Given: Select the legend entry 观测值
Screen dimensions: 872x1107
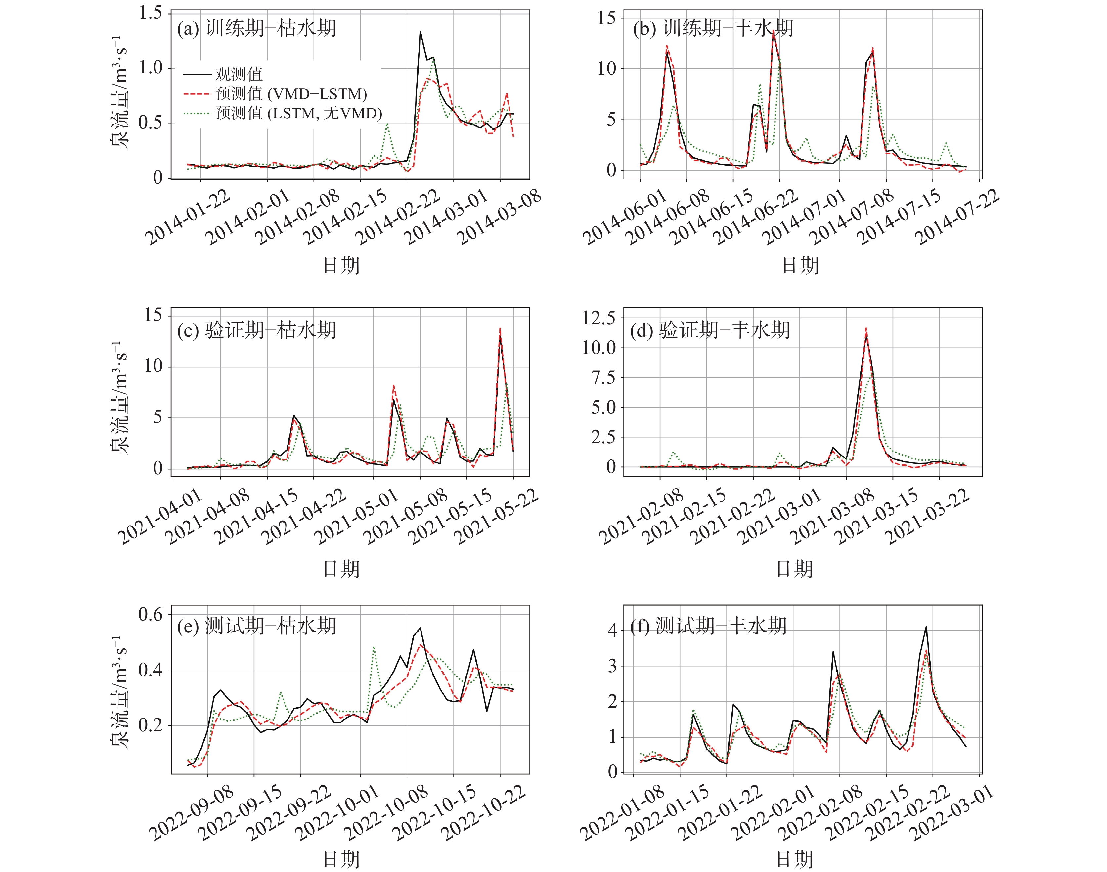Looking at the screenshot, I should click(239, 74).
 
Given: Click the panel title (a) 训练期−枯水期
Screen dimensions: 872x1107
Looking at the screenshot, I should click(256, 28).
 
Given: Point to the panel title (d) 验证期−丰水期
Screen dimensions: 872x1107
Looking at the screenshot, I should click(710, 330).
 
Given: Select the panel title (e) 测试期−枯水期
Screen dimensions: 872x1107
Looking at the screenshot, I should click(256, 626).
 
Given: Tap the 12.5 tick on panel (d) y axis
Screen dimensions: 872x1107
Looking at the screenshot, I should click(598, 318).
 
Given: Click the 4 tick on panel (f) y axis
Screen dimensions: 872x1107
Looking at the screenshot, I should click(612, 630).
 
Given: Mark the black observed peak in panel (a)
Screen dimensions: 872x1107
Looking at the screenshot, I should click(420, 32).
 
